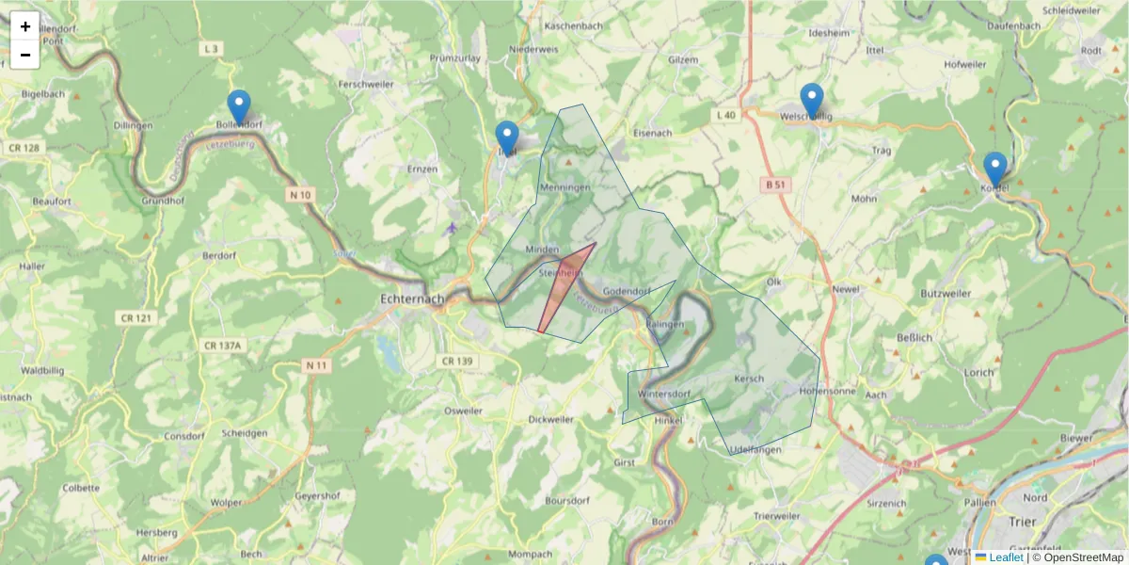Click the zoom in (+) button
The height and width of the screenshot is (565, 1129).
tap(25, 26)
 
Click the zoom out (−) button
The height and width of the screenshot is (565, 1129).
tap(25, 55)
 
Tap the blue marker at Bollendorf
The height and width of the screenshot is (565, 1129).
tap(239, 107)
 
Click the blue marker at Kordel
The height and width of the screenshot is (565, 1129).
tap(994, 169)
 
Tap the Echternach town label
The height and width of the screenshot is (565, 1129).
tap(411, 299)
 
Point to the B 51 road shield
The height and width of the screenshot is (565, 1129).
tap(775, 186)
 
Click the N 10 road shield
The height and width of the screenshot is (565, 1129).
tap(300, 194)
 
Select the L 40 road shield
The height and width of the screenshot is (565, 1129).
tap(725, 115)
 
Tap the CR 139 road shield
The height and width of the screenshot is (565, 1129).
tap(456, 361)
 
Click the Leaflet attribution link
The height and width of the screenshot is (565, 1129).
tap(1006, 557)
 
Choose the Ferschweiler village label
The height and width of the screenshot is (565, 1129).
tap(364, 84)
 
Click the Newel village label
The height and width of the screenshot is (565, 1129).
tap(846, 289)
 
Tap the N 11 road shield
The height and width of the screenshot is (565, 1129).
tap(317, 364)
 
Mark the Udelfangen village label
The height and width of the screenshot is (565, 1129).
tap(755, 450)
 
